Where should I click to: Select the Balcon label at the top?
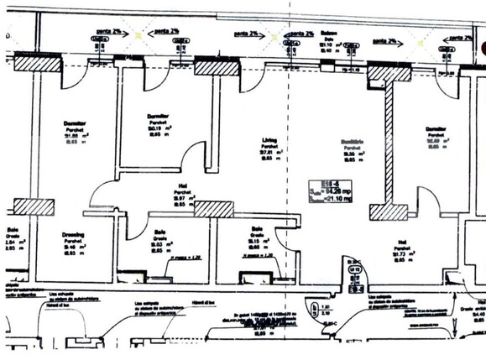click(330, 34)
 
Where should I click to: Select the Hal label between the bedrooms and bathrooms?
click(181, 188)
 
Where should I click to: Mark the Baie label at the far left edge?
click(12, 229)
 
